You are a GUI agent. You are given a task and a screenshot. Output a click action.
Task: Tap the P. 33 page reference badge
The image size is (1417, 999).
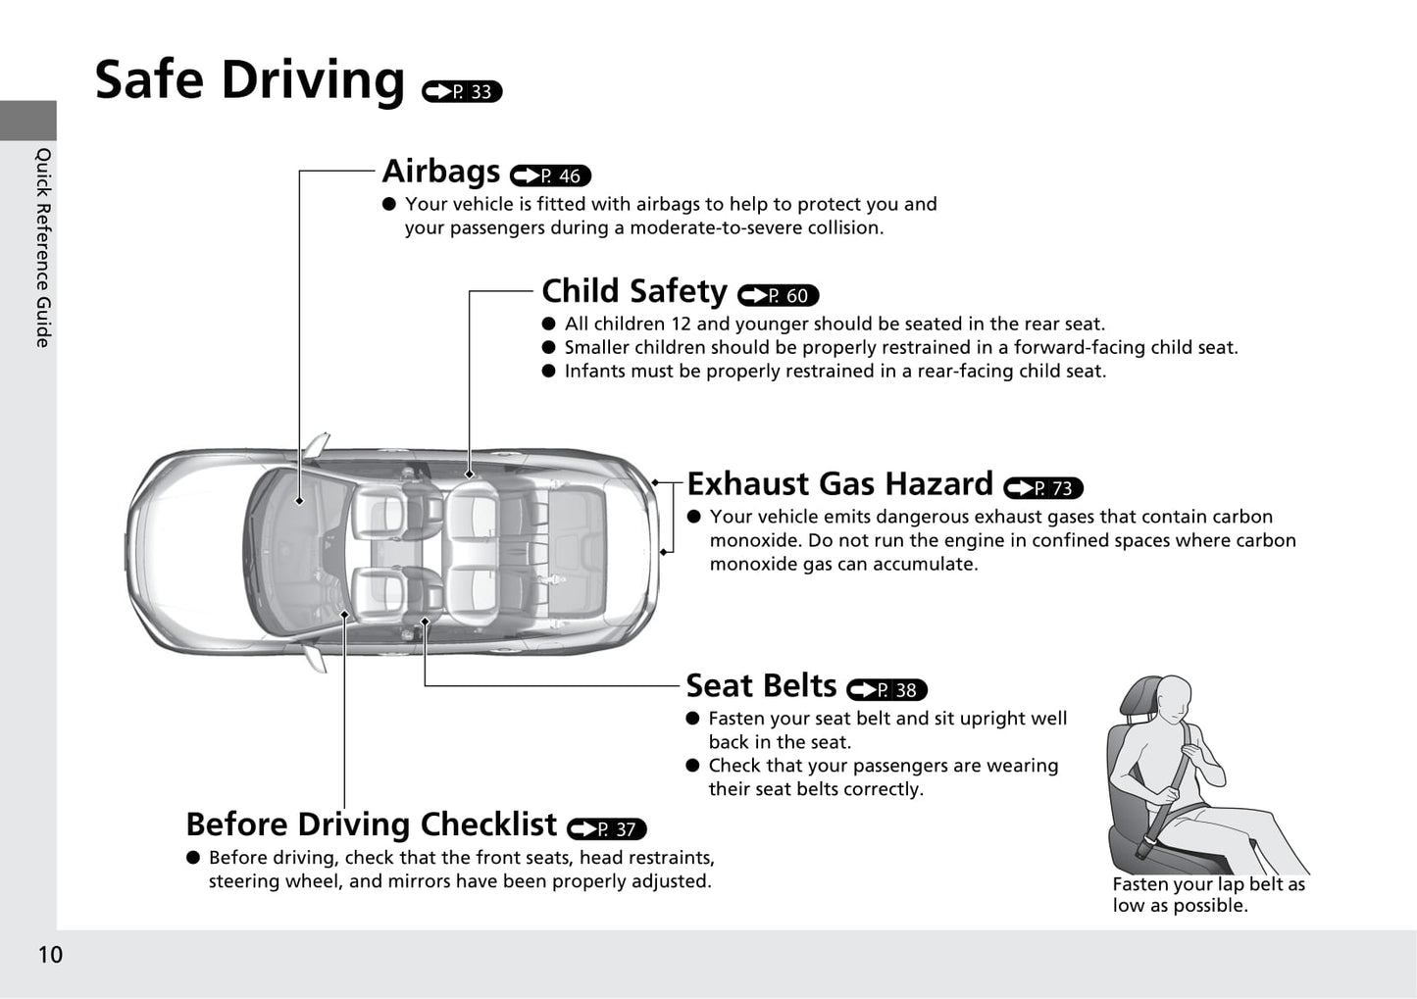coord(462,92)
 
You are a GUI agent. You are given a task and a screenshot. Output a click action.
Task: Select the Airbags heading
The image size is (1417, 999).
coord(441,172)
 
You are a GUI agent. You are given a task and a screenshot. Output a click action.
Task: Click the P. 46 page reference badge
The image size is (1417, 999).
coord(550,175)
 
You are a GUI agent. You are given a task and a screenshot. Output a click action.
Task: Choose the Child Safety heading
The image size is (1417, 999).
coord(634,291)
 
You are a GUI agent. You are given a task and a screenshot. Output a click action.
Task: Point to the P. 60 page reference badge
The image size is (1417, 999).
coord(778,295)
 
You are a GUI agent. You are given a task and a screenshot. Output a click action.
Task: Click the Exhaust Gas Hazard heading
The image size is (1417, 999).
coord(840,483)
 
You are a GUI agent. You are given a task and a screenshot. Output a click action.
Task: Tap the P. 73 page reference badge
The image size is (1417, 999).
coord(1043,488)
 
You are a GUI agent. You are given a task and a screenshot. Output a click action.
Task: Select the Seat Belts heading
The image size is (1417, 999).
coord(761,685)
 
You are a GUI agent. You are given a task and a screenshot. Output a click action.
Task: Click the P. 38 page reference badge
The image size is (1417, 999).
coord(886,690)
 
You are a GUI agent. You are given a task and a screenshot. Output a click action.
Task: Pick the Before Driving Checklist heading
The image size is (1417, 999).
coord(372,824)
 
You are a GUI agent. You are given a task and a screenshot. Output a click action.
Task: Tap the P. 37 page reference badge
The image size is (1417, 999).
coord(607,829)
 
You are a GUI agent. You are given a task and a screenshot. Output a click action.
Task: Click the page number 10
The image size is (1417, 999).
coord(51,955)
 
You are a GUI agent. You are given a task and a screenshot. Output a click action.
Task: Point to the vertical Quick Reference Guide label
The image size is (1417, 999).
coord(43,248)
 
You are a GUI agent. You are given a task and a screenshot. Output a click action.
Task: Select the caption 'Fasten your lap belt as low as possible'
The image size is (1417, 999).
coord(1209,895)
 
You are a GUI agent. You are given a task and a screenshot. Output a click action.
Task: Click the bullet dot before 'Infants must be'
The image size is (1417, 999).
coord(548,371)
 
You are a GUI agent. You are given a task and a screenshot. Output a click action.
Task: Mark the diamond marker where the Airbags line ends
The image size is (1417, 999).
coord(299,501)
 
